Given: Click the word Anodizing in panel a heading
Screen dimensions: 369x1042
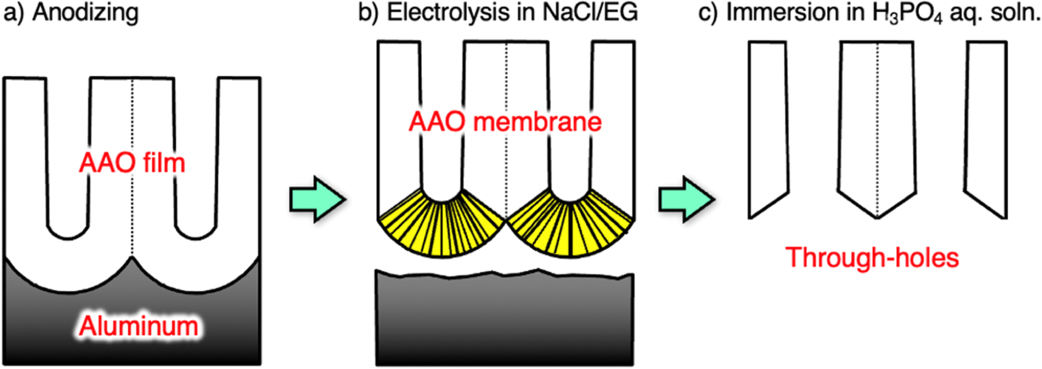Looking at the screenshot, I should (85, 13).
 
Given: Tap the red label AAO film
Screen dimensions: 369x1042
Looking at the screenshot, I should (132, 163).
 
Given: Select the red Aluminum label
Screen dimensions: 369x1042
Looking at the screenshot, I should (139, 326).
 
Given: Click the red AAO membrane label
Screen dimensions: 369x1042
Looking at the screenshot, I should (505, 121).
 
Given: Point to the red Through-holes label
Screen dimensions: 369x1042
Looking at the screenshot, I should (872, 257).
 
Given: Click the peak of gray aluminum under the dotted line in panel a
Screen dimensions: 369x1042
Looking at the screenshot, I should (132, 261).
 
